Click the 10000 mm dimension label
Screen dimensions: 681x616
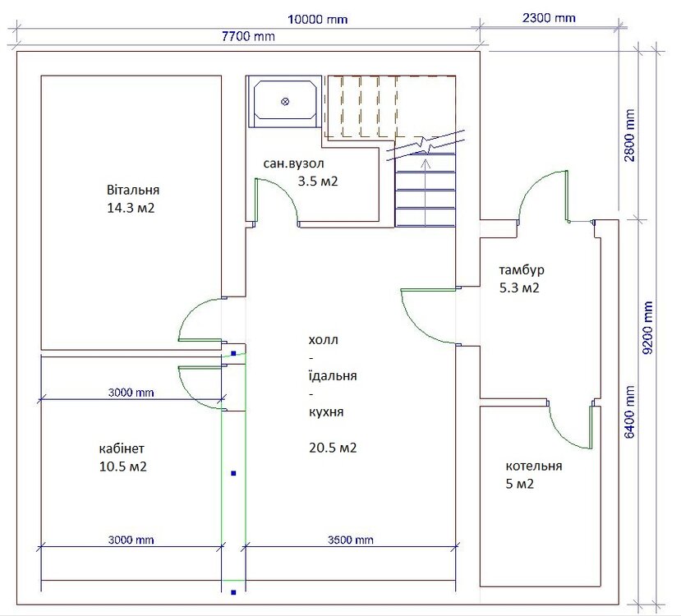(x=317, y=20)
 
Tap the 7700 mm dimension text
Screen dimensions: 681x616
(x=248, y=36)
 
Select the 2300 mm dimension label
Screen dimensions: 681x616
(x=549, y=18)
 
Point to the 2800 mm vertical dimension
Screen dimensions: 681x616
(x=630, y=135)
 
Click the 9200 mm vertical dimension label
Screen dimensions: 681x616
(x=647, y=328)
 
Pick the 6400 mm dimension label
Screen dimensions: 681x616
(x=630, y=412)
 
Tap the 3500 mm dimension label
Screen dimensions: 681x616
(x=351, y=540)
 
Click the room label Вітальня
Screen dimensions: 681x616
(x=133, y=191)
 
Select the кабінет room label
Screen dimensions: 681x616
(x=122, y=448)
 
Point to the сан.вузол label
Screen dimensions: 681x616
(x=293, y=163)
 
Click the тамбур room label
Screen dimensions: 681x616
(x=522, y=270)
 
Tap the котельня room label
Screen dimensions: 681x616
(x=534, y=467)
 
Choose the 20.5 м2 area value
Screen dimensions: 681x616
(x=333, y=448)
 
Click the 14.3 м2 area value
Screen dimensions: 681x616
(x=131, y=208)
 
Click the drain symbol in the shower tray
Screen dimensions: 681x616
(x=285, y=102)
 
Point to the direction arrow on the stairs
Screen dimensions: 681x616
(x=426, y=192)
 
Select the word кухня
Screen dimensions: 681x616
(x=326, y=411)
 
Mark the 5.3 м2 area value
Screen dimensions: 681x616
(x=519, y=287)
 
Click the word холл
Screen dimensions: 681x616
(x=323, y=340)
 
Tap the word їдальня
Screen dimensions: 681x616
(x=333, y=375)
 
